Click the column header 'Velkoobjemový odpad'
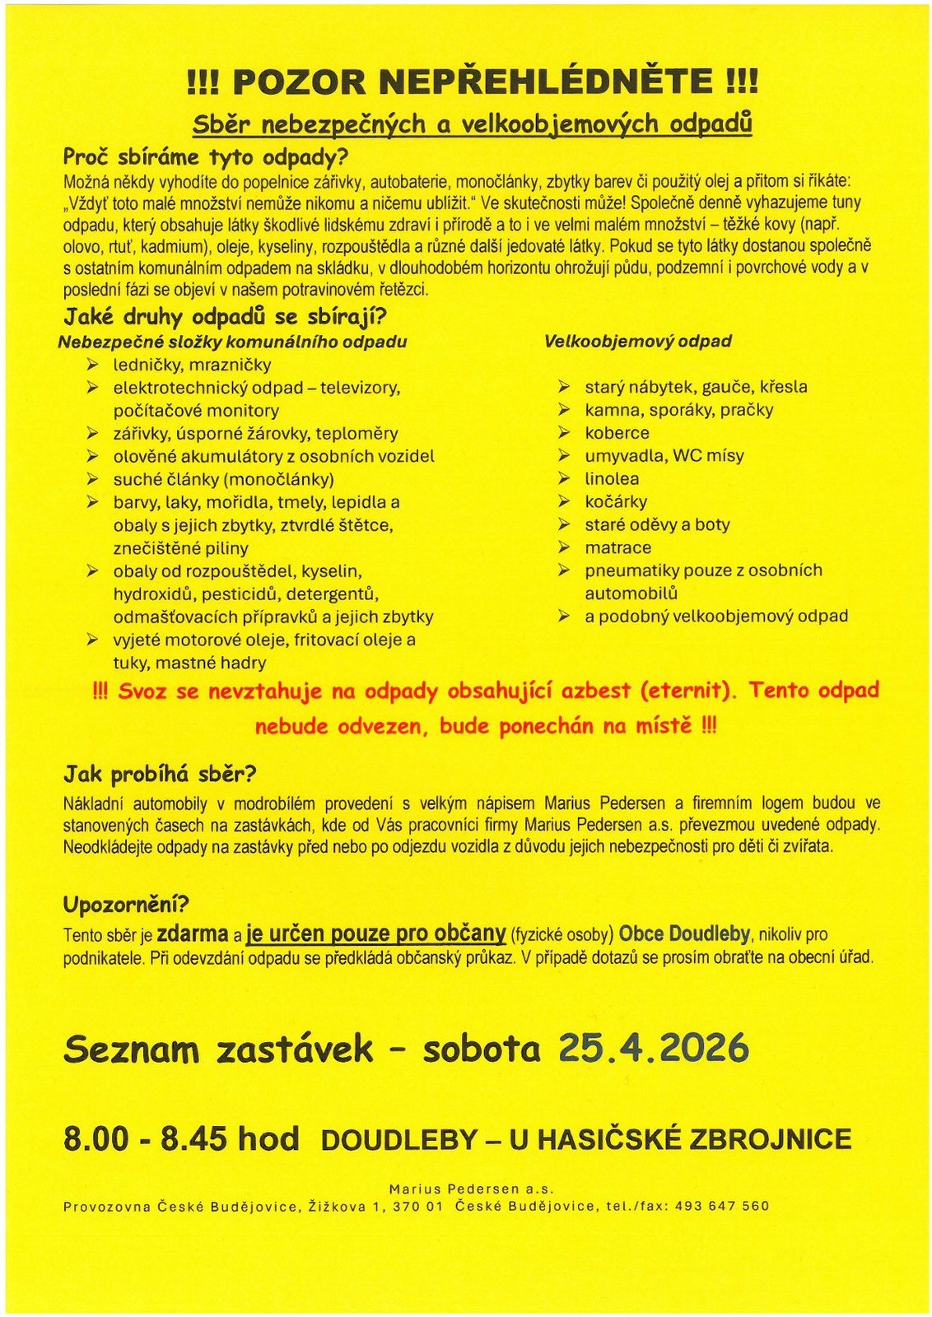click(x=638, y=341)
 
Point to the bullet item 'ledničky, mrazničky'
click(x=192, y=365)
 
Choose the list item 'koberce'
click(x=617, y=433)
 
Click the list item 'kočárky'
click(x=616, y=501)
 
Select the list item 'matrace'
click(x=617, y=547)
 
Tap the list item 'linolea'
click(x=612, y=478)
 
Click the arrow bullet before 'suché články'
click(x=93, y=479)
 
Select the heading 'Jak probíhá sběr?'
click(x=160, y=774)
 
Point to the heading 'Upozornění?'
click(x=126, y=904)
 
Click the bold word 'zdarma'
click(x=192, y=933)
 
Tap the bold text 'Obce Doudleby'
click(x=684, y=933)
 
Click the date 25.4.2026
click(x=654, y=1049)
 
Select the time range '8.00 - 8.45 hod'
click(x=181, y=1139)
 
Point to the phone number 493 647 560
click(x=721, y=1206)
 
